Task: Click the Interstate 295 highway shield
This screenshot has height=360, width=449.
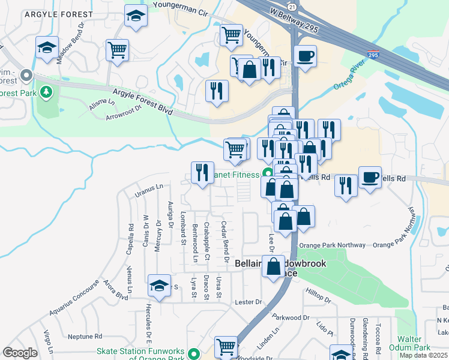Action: coord(373,55)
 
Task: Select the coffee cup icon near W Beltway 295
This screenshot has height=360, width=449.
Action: coord(305,57)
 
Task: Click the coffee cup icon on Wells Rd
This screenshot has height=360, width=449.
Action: coord(370,178)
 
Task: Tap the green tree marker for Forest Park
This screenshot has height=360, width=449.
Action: coord(46,92)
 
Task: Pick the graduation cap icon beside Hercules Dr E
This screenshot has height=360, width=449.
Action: coord(159,286)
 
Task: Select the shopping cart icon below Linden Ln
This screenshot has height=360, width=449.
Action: coord(226,346)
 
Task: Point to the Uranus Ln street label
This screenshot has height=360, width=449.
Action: coord(149,190)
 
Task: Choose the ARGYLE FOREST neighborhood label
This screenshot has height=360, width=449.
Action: coord(58,14)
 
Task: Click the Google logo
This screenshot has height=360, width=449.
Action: coord(20,352)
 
